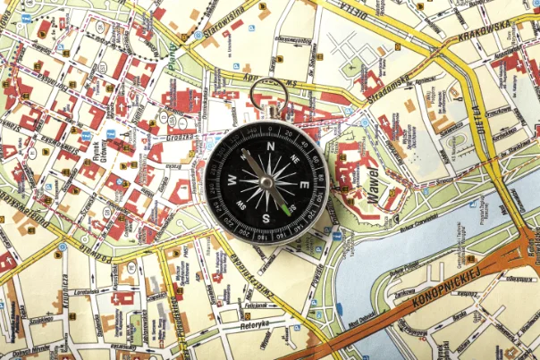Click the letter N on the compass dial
(268, 144)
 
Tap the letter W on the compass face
(231, 179)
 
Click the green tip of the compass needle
(286, 209)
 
